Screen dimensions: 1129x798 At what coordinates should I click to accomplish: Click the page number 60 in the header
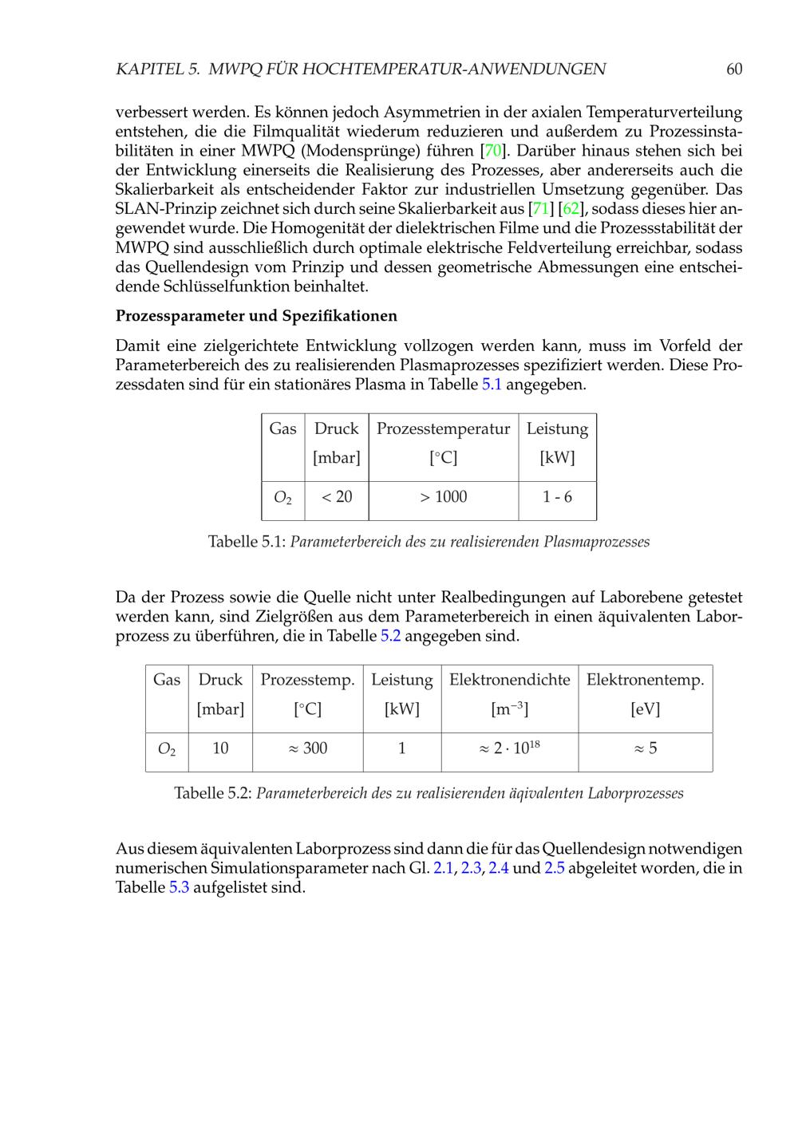coord(734,69)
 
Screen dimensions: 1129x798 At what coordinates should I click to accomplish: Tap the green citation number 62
coord(571,209)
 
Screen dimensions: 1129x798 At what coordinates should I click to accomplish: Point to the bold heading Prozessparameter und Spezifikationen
coord(256,316)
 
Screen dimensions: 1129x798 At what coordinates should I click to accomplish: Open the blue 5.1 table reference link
coord(492,385)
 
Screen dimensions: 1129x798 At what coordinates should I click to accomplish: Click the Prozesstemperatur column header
coord(443,429)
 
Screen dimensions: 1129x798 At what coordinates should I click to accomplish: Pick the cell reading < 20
coord(336,497)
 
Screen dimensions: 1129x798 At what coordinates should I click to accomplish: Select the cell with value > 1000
coord(443,497)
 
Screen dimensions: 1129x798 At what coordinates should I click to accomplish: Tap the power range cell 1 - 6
coord(557,497)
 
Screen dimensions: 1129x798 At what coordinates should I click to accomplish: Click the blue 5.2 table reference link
coord(390,636)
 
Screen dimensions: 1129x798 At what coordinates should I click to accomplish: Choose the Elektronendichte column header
coord(509,680)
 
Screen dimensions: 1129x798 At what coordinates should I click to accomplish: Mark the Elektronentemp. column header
coord(645,680)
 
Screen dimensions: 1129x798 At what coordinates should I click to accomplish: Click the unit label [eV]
coord(645,709)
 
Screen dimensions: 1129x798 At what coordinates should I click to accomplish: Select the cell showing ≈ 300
coord(307,748)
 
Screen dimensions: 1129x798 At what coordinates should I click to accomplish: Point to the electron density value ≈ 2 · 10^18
coord(509,748)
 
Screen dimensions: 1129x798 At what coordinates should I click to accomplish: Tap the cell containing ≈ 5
coord(645,748)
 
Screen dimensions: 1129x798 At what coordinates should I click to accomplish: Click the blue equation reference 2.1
coord(443,868)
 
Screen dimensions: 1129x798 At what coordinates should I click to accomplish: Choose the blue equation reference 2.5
coord(555,868)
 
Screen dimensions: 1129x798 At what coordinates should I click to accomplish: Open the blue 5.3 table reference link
coord(179,887)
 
